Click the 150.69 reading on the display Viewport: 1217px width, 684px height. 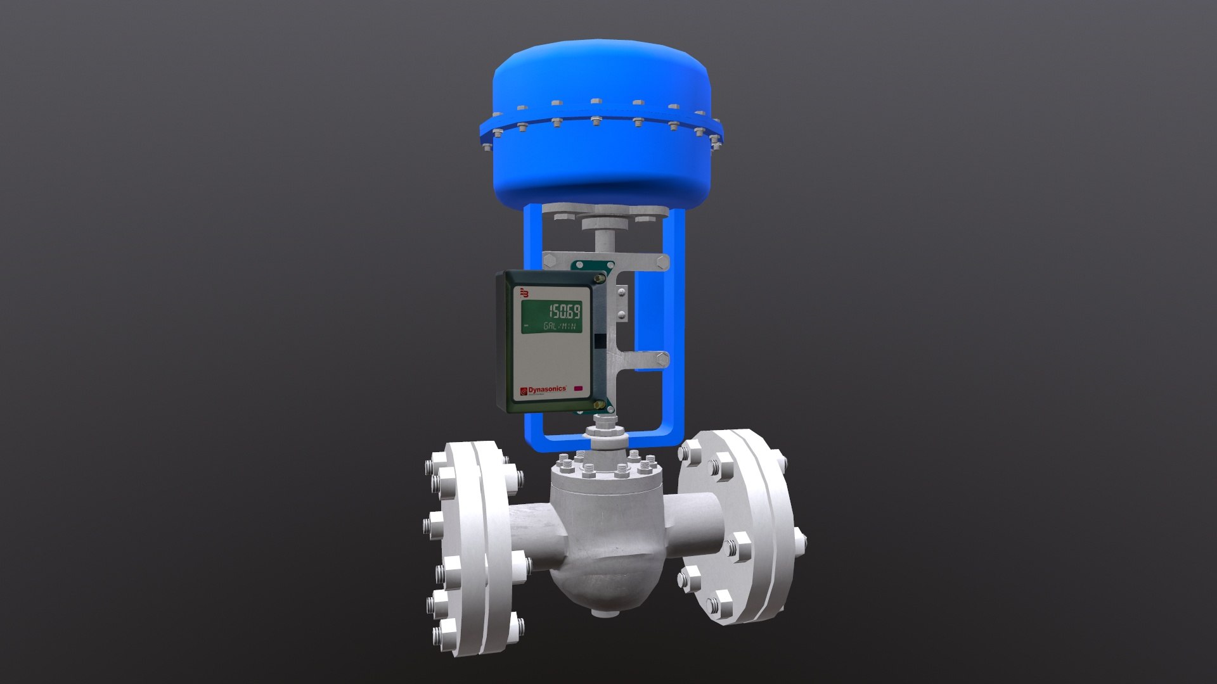[563, 311]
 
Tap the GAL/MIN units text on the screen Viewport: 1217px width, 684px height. [560, 326]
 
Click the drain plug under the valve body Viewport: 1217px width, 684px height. [599, 612]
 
